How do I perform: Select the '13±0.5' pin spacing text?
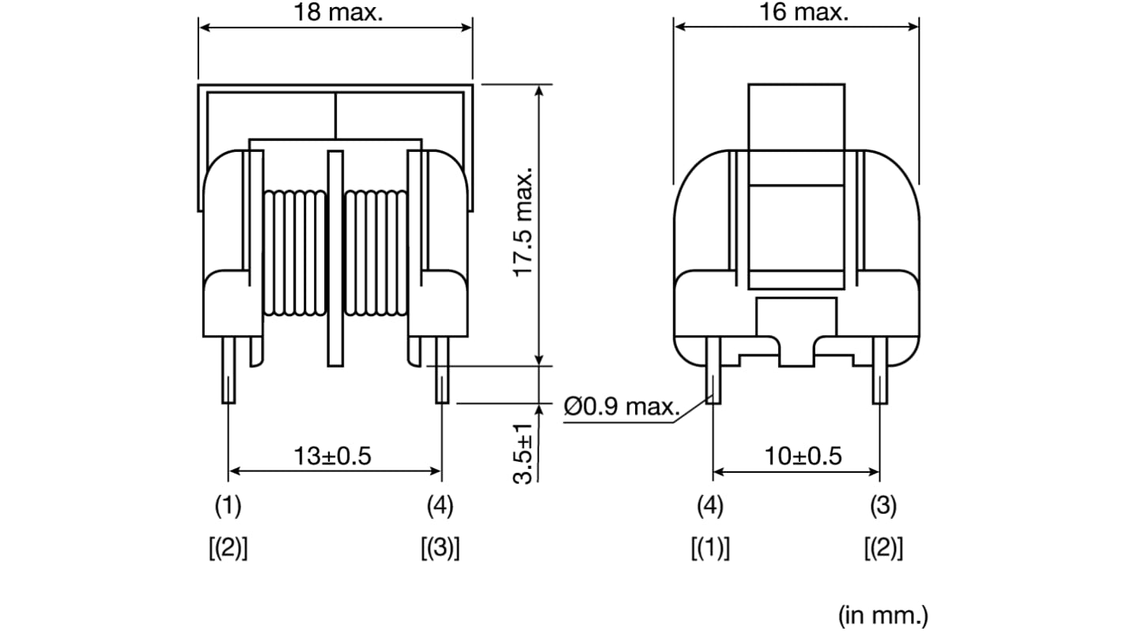332,456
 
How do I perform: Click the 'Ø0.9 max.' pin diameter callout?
622,407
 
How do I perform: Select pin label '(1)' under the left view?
228,506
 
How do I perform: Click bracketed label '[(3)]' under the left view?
441,548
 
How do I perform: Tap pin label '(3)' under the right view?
883,506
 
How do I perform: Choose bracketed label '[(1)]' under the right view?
711,548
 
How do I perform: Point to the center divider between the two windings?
335,258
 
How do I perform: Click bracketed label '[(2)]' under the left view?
228,548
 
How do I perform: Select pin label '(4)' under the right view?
711,506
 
